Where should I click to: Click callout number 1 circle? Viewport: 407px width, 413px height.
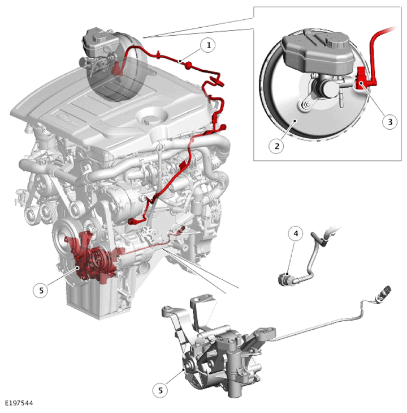point(208,45)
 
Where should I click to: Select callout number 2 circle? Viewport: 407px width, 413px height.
point(276,146)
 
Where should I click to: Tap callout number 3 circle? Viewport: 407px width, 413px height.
point(389,122)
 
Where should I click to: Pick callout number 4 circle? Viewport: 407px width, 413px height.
point(296,233)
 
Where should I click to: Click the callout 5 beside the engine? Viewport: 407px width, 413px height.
point(41,290)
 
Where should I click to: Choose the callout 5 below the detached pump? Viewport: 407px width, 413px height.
point(161,390)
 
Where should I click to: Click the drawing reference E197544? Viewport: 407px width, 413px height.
point(19,403)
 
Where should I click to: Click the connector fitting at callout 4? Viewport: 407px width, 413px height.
point(284,279)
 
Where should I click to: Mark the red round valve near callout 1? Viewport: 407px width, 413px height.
point(188,65)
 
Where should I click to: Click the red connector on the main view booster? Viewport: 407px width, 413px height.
point(116,69)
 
